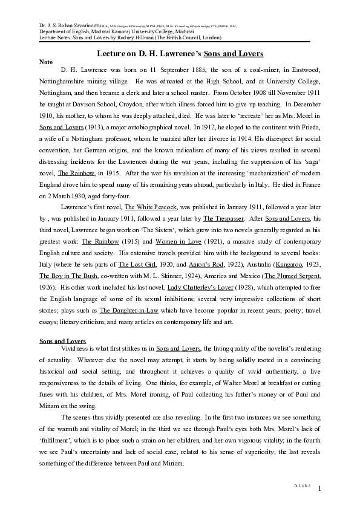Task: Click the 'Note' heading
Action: tap(45, 62)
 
